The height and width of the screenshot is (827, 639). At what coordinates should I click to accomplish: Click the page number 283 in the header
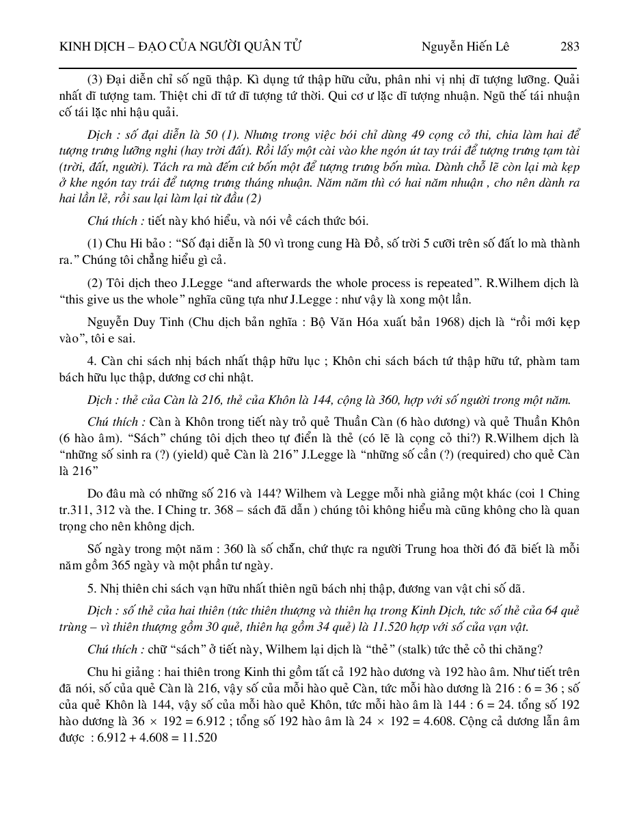(x=569, y=46)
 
